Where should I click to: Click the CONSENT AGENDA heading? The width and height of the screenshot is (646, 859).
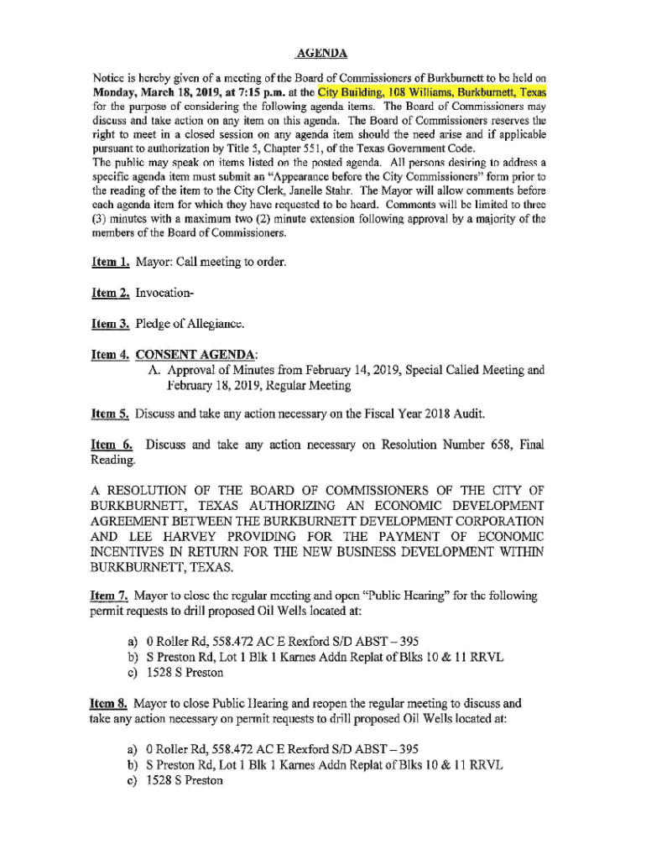197,354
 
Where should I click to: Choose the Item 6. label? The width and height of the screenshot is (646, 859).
111,445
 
